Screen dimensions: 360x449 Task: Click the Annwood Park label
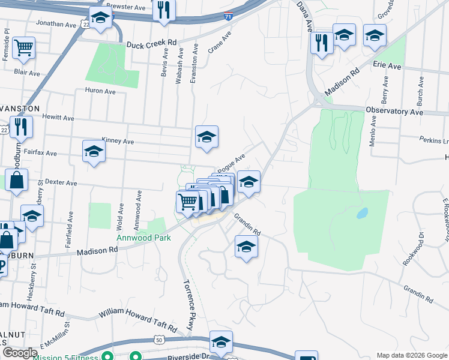pos(143,238)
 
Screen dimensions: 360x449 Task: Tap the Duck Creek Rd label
pos(152,43)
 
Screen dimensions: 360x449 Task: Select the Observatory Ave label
pos(399,112)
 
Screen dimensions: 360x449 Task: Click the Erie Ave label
pos(387,64)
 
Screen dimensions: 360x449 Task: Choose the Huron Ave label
pos(101,91)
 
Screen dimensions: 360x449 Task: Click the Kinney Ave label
pos(118,141)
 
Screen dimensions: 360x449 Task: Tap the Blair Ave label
pos(27,73)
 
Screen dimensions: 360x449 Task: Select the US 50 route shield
pos(159,340)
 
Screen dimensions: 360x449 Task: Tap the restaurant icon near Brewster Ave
pos(163,10)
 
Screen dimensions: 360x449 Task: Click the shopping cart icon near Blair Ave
pos(23,47)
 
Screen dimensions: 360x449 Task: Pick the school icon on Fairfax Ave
pos(94,152)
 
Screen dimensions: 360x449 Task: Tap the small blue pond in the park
pos(362,213)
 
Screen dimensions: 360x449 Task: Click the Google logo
pos(20,353)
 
